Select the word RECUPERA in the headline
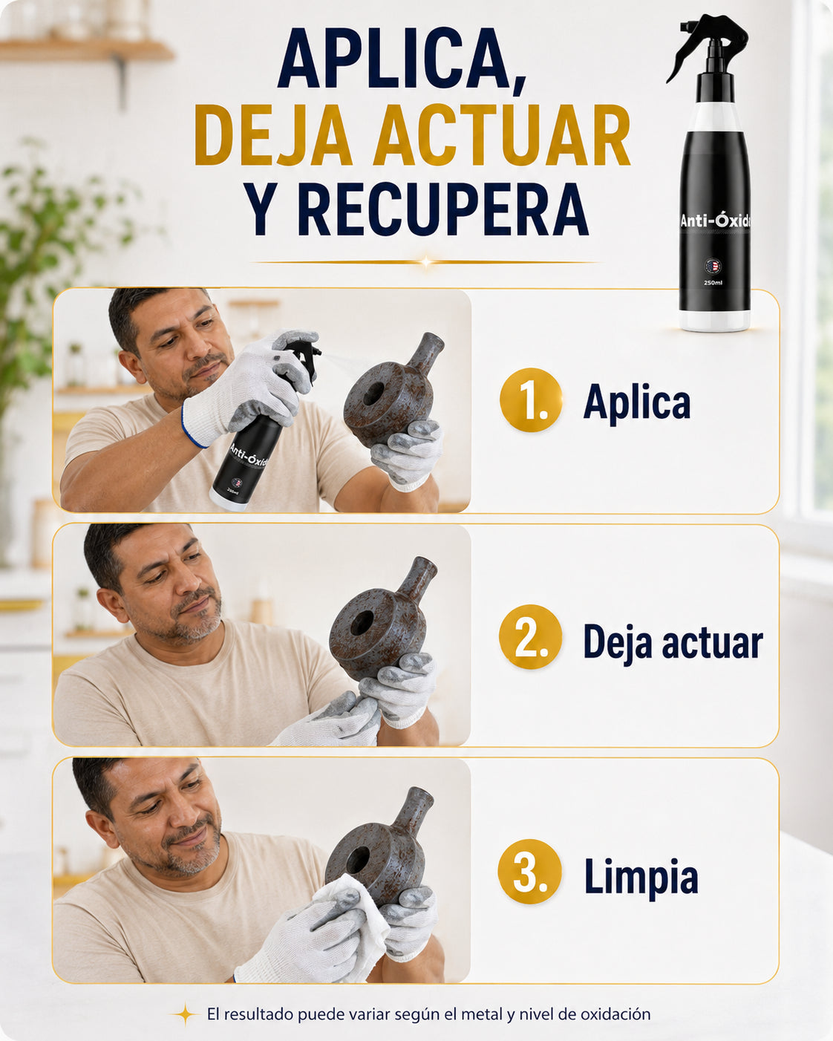[442, 209]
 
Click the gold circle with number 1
[531, 399]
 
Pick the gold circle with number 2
[531, 636]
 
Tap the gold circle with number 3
[529, 871]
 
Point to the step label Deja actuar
[673, 642]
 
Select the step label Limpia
[641, 876]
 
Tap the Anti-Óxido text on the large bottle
[716, 221]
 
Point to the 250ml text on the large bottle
[713, 282]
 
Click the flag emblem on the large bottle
[713, 266]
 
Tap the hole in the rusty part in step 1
[373, 394]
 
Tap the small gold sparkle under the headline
[426, 262]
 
